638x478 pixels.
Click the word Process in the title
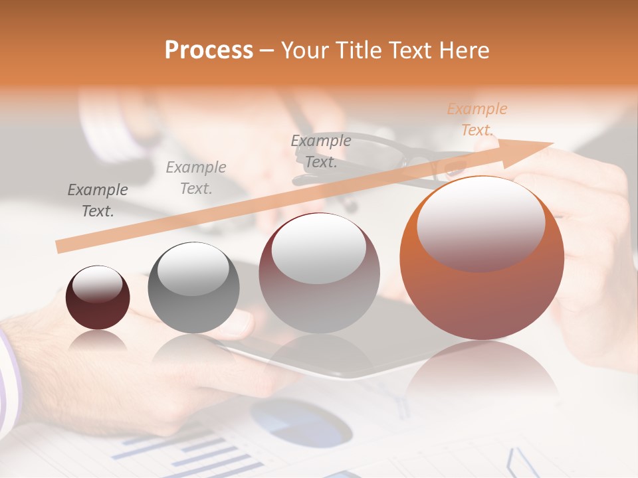[209, 50]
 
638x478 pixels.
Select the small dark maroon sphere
[98, 297]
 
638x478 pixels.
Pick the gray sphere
[193, 287]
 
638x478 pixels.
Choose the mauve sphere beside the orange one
[319, 273]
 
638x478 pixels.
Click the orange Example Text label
[477, 119]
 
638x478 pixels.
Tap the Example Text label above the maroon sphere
[98, 200]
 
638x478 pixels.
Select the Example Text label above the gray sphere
[196, 178]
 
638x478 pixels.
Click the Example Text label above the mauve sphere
[321, 151]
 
